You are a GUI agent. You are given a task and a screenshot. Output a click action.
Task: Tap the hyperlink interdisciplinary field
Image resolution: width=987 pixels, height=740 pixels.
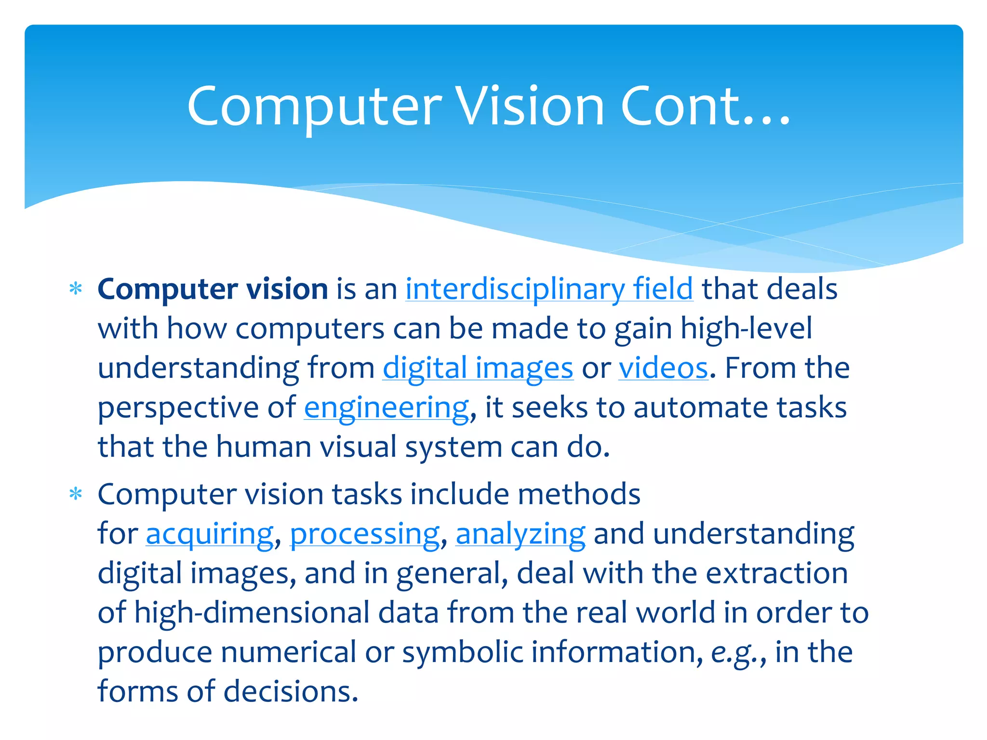click(549, 289)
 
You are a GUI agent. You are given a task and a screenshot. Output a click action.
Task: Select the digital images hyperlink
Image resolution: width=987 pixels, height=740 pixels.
click(478, 368)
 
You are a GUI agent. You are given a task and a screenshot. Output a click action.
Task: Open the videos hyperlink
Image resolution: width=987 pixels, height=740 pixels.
click(663, 368)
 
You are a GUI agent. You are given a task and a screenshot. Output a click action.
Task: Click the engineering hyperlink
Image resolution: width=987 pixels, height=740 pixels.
click(386, 408)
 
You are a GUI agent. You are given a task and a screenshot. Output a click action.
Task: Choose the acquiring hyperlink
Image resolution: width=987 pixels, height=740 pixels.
click(210, 534)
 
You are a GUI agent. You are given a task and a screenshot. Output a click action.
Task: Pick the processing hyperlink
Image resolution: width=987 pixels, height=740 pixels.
click(364, 534)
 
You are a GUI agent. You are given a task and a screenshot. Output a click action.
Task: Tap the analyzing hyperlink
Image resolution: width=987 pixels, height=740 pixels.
click(520, 534)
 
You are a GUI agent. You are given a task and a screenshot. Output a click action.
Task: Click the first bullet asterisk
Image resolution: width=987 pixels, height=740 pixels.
click(76, 289)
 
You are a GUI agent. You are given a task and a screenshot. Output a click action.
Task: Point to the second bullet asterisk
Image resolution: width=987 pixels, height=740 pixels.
click(76, 494)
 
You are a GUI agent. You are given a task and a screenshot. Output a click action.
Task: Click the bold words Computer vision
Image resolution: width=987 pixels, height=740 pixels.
click(213, 289)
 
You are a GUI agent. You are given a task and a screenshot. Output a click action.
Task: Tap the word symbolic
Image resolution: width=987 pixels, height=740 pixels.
click(462, 652)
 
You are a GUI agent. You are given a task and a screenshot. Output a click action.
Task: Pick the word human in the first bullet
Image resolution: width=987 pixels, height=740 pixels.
click(263, 447)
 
